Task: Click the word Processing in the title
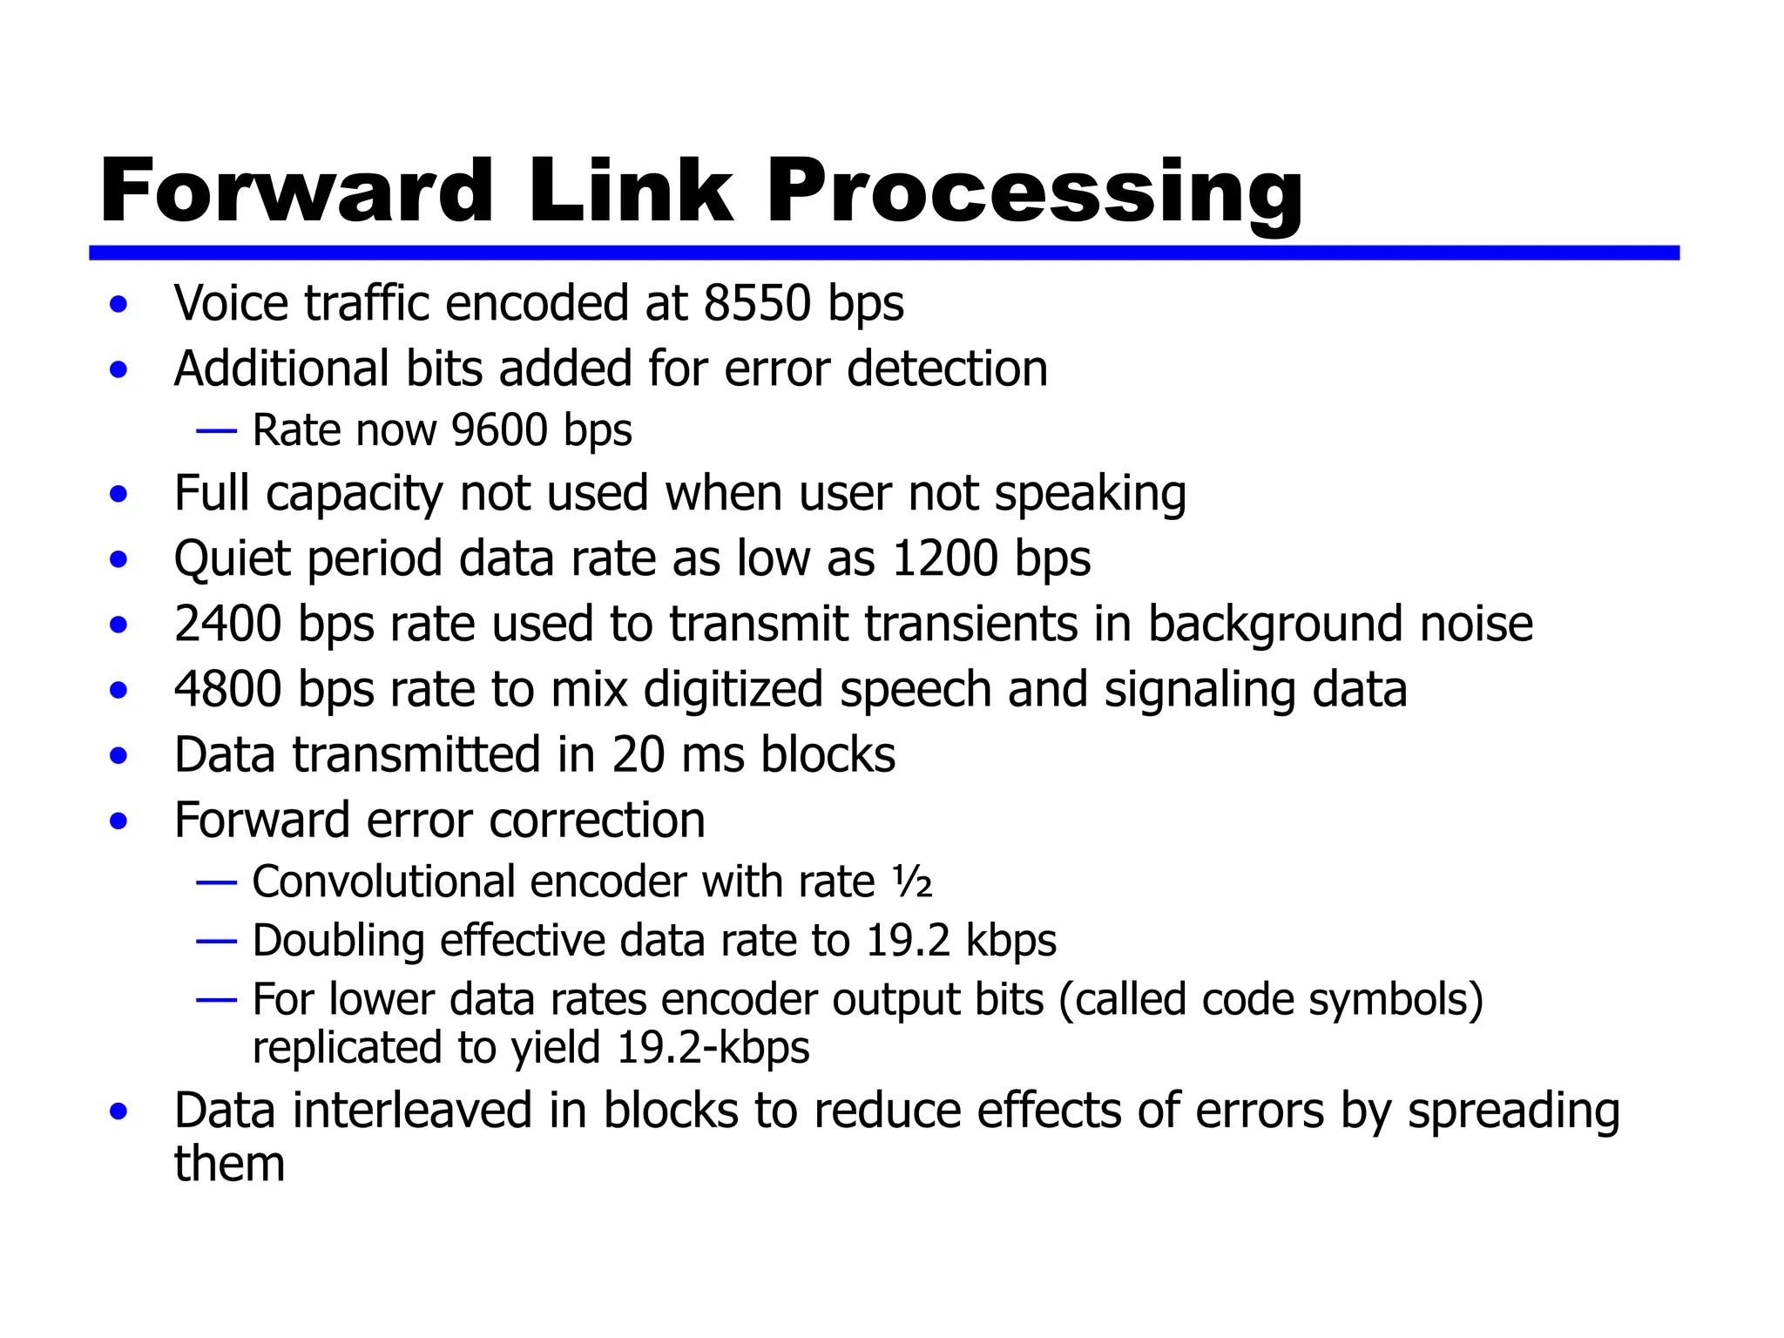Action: pyautogui.click(x=1034, y=192)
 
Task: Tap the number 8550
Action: pyautogui.click(x=757, y=303)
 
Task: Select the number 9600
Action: pyautogui.click(x=499, y=429)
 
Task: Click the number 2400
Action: pyautogui.click(x=227, y=624)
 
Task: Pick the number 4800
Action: pyautogui.click(x=227, y=689)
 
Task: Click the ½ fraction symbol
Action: pyautogui.click(x=912, y=882)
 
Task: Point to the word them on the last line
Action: pyautogui.click(x=229, y=1164)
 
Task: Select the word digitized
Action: pyautogui.click(x=733, y=689)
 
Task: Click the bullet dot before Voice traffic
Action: pyautogui.click(x=118, y=305)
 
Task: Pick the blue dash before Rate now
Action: pyautogui.click(x=217, y=430)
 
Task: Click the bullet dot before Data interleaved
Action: pyautogui.click(x=118, y=1112)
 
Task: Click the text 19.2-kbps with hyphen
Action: pyautogui.click(x=713, y=1047)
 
